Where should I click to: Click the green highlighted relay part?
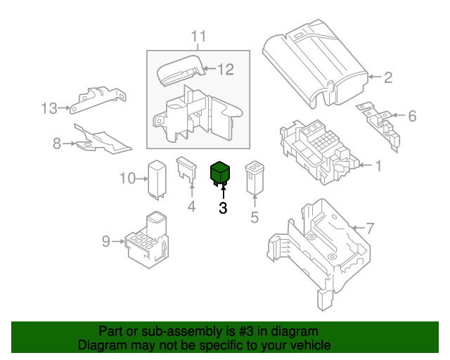[220, 173]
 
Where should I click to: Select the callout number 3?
[223, 208]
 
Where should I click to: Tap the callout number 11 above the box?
[198, 37]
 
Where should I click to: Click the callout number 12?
[226, 70]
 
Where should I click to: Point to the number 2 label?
[388, 77]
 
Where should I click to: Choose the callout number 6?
[412, 116]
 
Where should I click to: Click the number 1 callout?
[379, 166]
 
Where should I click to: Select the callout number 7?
[371, 229]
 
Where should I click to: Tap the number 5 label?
[255, 217]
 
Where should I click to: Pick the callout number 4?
[192, 207]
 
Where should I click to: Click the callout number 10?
[127, 179]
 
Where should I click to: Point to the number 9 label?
[106, 241]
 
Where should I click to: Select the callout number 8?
[57, 143]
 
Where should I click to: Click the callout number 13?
[49, 108]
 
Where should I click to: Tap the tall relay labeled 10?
[157, 180]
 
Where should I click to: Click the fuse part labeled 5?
[255, 178]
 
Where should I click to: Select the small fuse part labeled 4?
[186, 170]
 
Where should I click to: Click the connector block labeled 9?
[147, 240]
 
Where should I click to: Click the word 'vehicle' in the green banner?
[312, 345]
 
